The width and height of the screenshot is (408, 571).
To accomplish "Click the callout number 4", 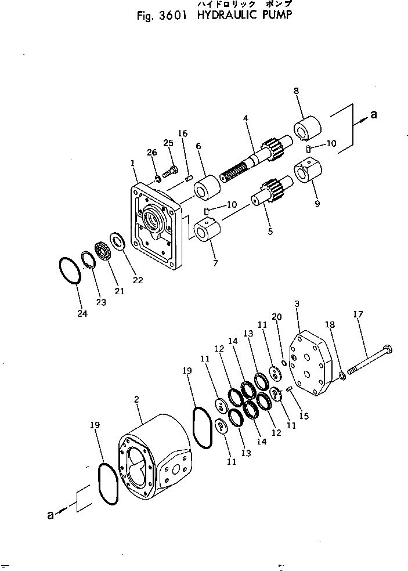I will (245, 118).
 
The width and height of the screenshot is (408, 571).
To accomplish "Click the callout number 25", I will (168, 143).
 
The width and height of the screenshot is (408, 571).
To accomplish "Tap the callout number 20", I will (277, 316).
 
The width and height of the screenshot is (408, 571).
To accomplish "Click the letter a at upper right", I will (374, 115).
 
